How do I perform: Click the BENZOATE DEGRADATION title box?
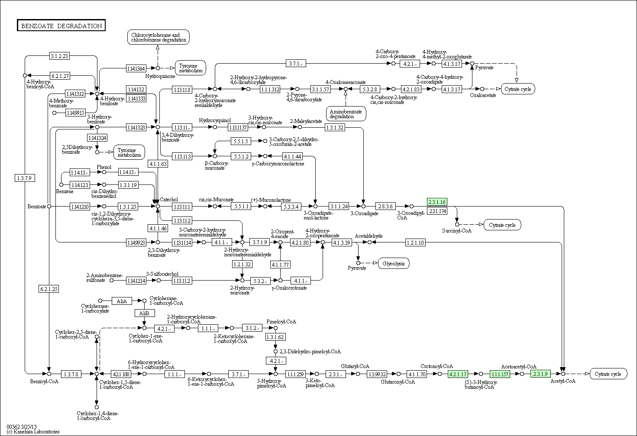pyautogui.click(x=61, y=25)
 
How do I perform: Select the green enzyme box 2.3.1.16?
pyautogui.click(x=437, y=202)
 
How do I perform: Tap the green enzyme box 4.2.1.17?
pyautogui.click(x=458, y=374)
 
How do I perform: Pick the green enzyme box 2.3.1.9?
pyautogui.click(x=540, y=374)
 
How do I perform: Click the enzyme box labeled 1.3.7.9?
pyautogui.click(x=25, y=178)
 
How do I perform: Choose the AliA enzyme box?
pyautogui.click(x=122, y=301)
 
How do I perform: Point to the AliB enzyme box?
pyautogui.click(x=145, y=313)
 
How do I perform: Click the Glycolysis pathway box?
pyautogui.click(x=394, y=263)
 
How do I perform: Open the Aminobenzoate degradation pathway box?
pyautogui.click(x=346, y=114)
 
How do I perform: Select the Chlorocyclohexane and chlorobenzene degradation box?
pyautogui.click(x=158, y=37)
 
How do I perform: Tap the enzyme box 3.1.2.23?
pyautogui.click(x=59, y=56)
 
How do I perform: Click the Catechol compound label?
pyautogui.click(x=169, y=199)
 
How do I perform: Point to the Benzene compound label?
pyautogui.click(x=65, y=191)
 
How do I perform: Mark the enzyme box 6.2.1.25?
pyautogui.click(x=49, y=289)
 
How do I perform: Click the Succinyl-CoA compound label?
pyautogui.click(x=457, y=231)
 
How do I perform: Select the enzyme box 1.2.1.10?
pyautogui.click(x=415, y=242)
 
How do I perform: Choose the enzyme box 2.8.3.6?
pyautogui.click(x=385, y=206)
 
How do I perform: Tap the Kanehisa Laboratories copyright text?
pyautogui.click(x=33, y=431)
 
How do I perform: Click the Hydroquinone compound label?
pyautogui.click(x=160, y=76)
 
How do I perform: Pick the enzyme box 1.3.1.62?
pyautogui.click(x=275, y=337)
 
